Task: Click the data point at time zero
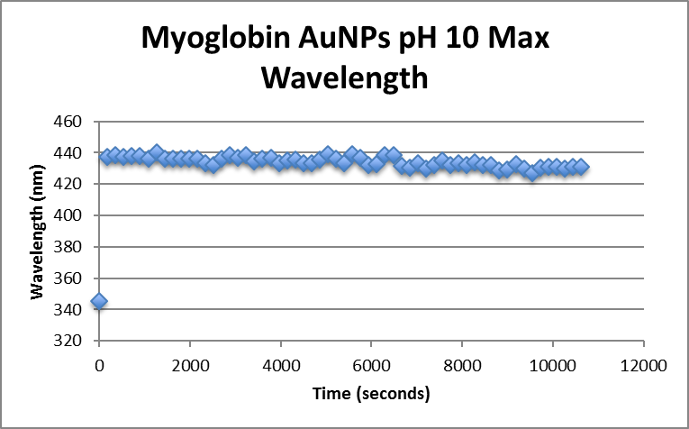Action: [x=99, y=301]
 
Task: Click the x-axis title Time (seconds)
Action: [x=371, y=394]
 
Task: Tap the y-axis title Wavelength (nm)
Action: [x=39, y=232]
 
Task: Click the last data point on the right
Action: [x=581, y=167]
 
